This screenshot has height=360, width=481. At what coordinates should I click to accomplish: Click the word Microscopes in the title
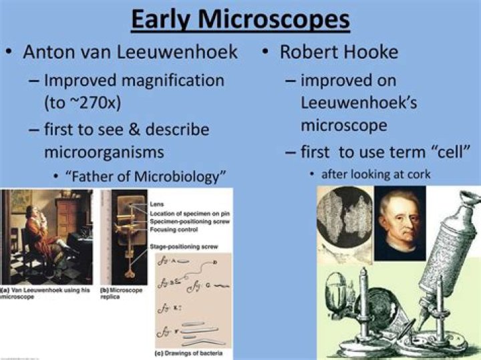click(x=280, y=19)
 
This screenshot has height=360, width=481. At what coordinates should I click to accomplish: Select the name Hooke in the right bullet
click(x=379, y=52)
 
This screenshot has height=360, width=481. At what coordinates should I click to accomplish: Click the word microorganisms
click(x=104, y=152)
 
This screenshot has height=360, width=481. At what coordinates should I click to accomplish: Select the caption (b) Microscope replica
click(x=120, y=295)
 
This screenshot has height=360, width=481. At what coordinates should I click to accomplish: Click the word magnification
click(x=168, y=80)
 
